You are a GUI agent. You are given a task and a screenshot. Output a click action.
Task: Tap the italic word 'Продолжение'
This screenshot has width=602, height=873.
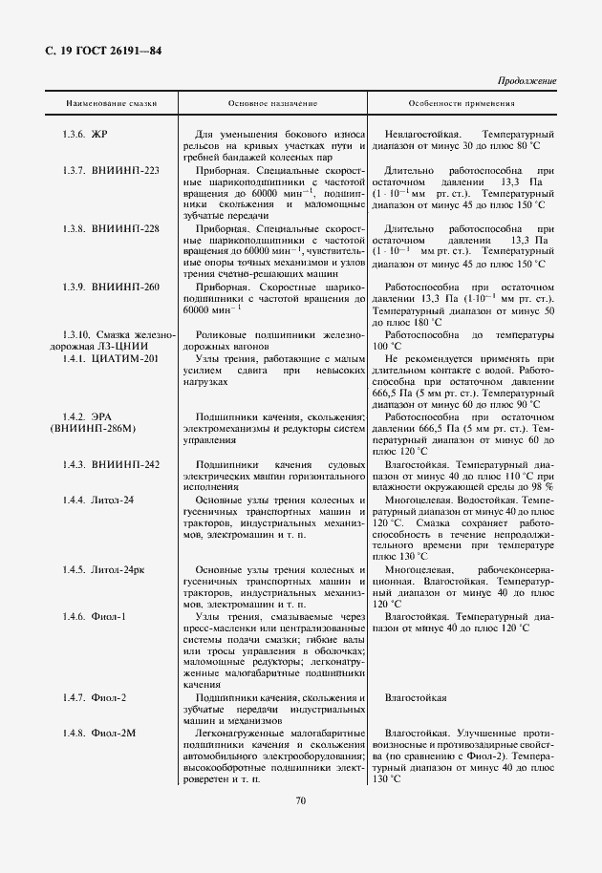pos(528,81)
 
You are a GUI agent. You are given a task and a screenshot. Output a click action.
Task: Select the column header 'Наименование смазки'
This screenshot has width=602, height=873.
pos(111,103)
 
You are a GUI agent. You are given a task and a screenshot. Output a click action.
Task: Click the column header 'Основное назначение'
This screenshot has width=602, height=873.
pos(272,103)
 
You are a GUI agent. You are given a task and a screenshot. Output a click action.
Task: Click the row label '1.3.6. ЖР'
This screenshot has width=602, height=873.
pos(85,135)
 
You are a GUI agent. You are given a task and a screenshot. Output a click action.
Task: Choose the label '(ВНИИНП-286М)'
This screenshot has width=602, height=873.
pos(87,429)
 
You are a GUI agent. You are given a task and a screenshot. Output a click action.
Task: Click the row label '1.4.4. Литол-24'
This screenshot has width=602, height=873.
pos(98,500)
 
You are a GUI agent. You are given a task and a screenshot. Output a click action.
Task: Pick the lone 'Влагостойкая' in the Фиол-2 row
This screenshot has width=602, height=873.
pos(416,698)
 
